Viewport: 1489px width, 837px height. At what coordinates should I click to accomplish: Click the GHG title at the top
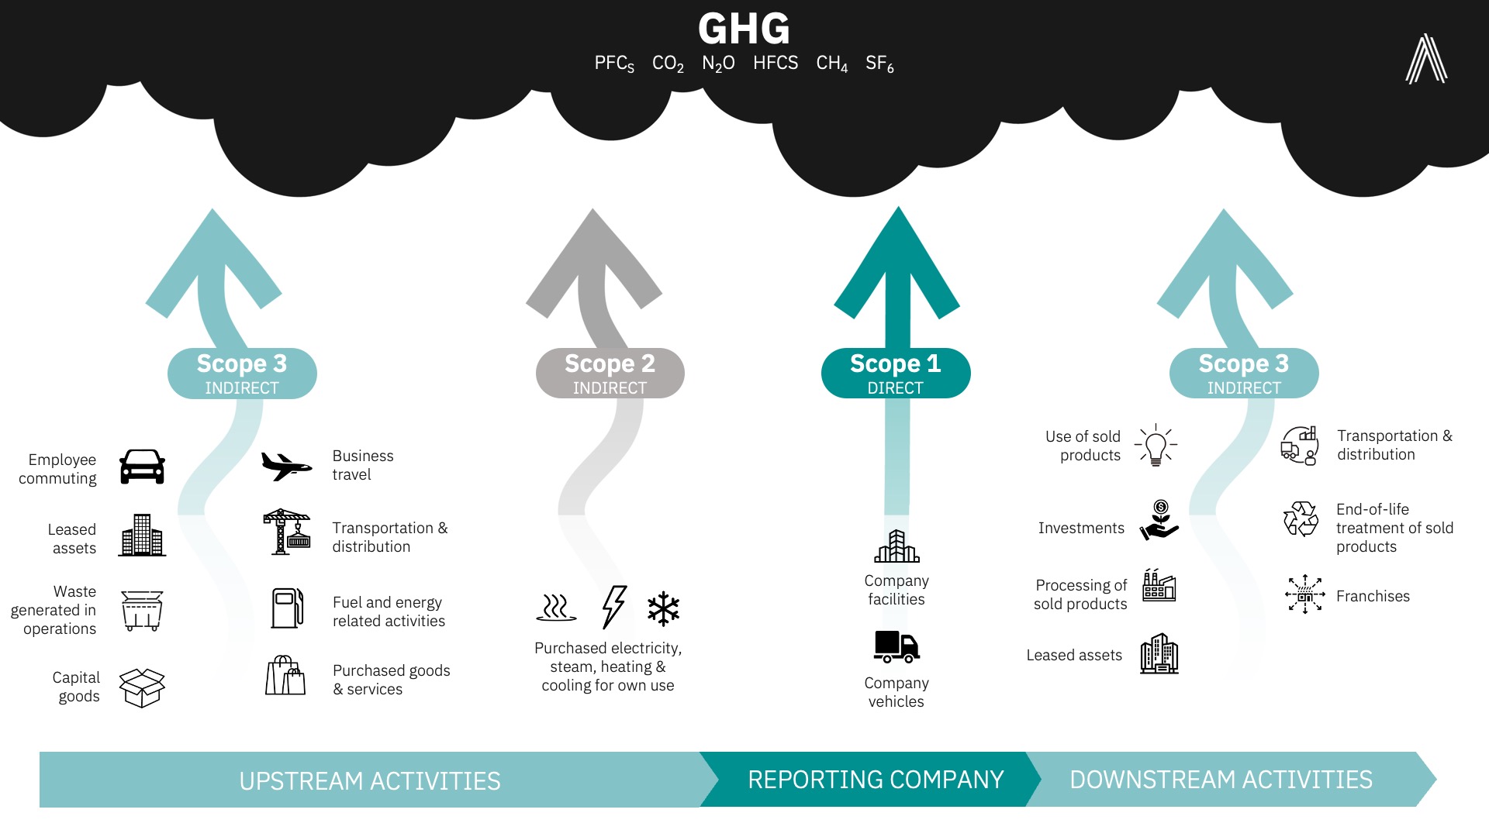744,29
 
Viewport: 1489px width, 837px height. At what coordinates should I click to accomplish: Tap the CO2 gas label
668,64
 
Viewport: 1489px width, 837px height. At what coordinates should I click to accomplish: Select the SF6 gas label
879,64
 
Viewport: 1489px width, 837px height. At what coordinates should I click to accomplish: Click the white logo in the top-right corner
1426,59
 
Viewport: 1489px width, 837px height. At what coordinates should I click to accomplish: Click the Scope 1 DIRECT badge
896,374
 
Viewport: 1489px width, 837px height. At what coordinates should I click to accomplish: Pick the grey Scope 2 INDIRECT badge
610,374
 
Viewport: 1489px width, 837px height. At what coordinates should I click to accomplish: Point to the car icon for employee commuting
142,467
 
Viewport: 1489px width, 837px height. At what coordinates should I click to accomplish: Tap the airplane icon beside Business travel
286,466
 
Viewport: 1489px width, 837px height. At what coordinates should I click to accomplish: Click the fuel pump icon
287,608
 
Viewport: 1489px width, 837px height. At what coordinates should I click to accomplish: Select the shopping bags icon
285,676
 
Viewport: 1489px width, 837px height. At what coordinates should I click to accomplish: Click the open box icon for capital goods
142,687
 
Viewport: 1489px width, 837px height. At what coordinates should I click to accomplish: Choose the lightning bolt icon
614,607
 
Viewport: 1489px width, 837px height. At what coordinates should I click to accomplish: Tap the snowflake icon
663,608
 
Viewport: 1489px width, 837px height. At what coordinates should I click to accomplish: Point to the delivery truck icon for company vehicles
897,646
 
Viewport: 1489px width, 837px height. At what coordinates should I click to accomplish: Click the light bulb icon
1156,445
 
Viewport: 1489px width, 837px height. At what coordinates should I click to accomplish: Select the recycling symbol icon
1301,519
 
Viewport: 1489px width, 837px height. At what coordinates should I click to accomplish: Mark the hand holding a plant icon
1159,520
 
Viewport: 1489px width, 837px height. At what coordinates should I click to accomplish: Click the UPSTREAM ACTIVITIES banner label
369,780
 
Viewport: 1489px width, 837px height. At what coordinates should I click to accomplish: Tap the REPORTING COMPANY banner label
876,780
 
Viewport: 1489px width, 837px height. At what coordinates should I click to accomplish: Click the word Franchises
1373,596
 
